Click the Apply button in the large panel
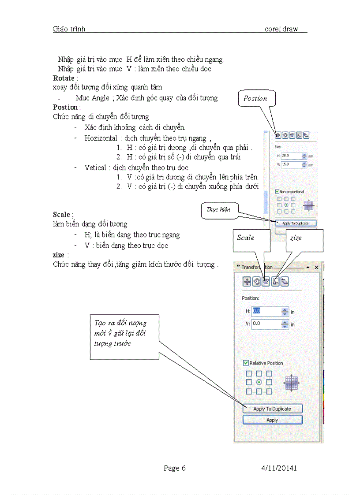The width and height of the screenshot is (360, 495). pyautogui.click(x=272, y=420)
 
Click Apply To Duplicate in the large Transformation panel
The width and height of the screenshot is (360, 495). pyautogui.click(x=272, y=409)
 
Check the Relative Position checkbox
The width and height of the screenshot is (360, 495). pyautogui.click(x=246, y=363)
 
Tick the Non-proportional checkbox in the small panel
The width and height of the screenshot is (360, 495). pyautogui.click(x=277, y=191)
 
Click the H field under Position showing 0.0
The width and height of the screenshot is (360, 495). pyautogui.click(x=266, y=311)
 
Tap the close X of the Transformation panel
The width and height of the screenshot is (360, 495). pyautogui.click(x=316, y=268)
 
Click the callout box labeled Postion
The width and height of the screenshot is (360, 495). pyautogui.click(x=256, y=98)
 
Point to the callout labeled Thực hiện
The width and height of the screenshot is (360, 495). pyautogui.click(x=219, y=210)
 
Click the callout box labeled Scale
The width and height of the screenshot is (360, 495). pyautogui.click(x=250, y=240)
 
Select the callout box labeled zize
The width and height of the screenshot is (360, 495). pyautogui.click(x=304, y=240)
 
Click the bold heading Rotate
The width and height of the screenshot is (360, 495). pyautogui.click(x=64, y=78)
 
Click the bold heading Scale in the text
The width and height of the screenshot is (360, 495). pyautogui.click(x=61, y=215)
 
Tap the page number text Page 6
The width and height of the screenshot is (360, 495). pyautogui.click(x=174, y=468)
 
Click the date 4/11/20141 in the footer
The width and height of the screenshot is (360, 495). pyautogui.click(x=278, y=468)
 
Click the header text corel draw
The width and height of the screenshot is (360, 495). pyautogui.click(x=281, y=29)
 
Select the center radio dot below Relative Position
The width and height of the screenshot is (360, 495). pyautogui.click(x=259, y=382)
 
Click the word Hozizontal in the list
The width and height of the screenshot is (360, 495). pyautogui.click(x=101, y=138)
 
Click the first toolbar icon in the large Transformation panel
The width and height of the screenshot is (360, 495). pyautogui.click(x=247, y=282)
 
